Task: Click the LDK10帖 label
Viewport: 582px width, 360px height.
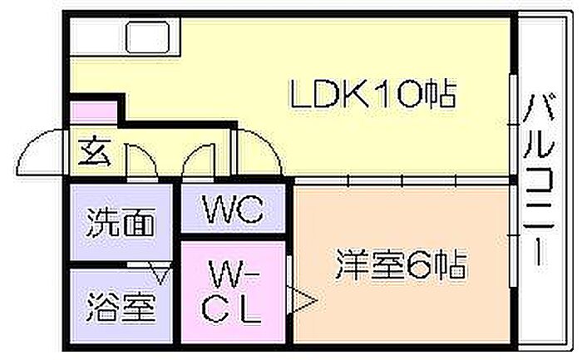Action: point(372,95)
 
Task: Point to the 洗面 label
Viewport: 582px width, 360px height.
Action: point(121,223)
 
